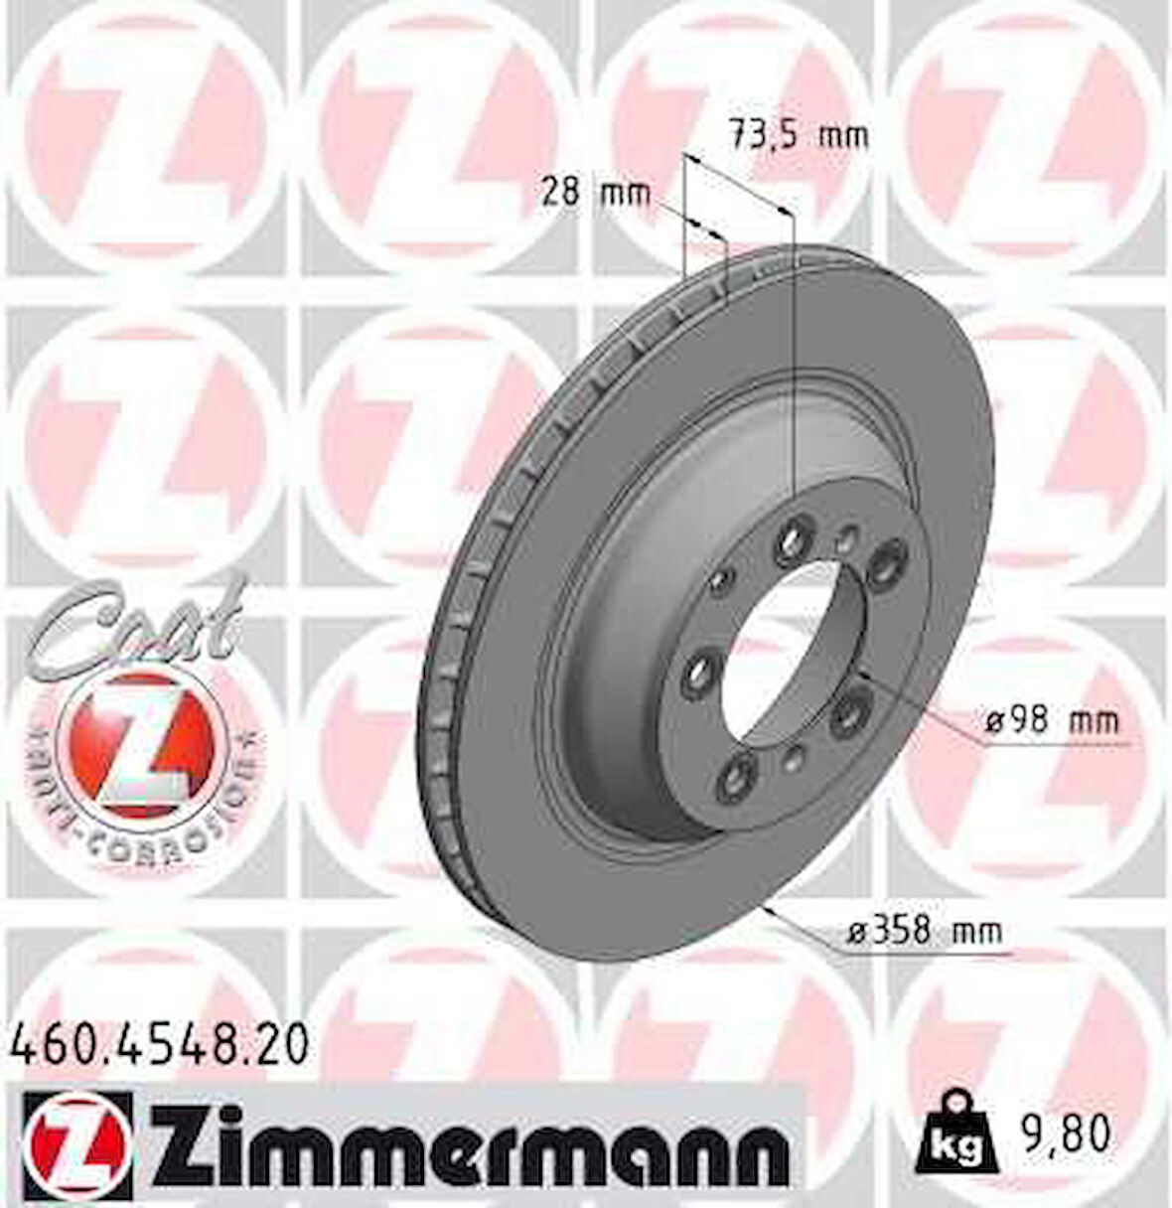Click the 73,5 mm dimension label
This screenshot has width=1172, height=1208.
[x=798, y=133]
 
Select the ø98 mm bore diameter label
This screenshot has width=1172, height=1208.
[x=1051, y=720]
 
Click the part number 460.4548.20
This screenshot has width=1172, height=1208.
[x=163, y=1046]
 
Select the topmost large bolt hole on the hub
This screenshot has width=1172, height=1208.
[x=792, y=538]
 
